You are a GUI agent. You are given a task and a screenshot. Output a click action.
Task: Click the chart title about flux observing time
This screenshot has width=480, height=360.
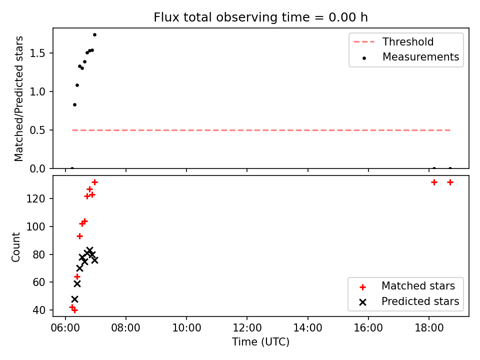(260, 17)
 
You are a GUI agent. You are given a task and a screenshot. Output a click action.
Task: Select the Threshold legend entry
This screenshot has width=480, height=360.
(393, 41)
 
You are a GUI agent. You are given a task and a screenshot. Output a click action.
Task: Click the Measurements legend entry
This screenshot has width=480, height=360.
(410, 57)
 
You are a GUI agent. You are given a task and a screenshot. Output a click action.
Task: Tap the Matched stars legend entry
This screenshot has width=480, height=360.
(407, 286)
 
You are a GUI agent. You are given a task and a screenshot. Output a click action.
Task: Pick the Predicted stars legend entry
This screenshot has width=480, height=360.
(409, 301)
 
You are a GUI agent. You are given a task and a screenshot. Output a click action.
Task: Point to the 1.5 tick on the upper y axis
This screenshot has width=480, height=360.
(37, 53)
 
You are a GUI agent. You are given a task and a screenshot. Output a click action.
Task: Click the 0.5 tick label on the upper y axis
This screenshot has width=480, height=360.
(37, 130)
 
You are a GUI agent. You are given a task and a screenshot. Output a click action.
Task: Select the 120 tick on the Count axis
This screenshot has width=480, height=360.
(36, 198)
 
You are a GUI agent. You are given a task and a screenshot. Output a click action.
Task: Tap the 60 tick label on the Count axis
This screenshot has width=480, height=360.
(39, 282)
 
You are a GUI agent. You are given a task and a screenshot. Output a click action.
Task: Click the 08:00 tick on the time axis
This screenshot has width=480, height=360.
(125, 328)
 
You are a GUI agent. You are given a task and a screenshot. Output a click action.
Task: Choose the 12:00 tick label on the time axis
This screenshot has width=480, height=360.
(247, 328)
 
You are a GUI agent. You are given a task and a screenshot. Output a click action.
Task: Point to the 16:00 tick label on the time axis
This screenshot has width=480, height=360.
(368, 328)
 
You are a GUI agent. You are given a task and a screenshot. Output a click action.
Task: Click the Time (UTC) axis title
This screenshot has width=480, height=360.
(260, 342)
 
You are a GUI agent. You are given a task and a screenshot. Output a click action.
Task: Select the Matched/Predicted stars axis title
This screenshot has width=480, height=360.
(19, 98)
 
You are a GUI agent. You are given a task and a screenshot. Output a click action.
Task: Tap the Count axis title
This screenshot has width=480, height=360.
(16, 247)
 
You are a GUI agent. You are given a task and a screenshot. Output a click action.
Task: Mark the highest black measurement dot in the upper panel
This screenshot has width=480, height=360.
(94, 35)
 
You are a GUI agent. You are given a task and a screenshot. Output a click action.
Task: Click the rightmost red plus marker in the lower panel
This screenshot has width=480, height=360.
(450, 182)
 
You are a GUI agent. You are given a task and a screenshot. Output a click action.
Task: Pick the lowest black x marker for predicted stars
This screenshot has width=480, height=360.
(74, 299)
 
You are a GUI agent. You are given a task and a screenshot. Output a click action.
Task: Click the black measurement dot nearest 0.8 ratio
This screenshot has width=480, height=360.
(74, 104)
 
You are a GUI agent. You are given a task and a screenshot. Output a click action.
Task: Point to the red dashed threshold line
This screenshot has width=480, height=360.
(261, 130)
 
